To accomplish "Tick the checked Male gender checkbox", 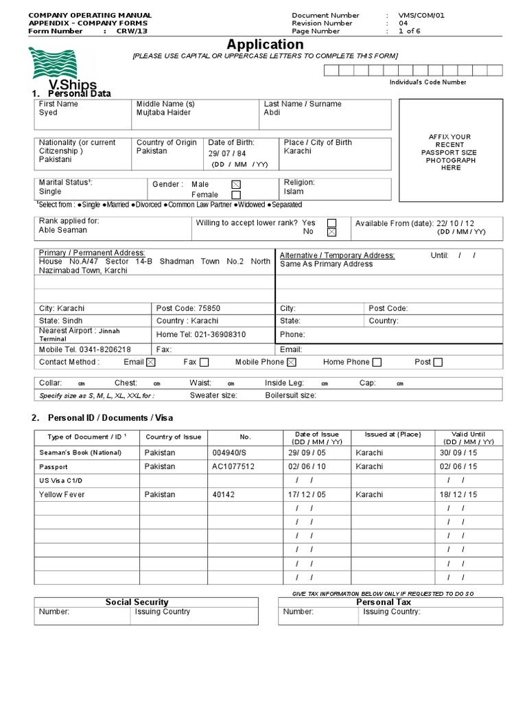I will tap(236, 185).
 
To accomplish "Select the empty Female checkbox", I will tap(236, 195).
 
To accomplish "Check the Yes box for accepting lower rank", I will tap(332, 223).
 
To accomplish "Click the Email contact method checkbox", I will tap(151, 362).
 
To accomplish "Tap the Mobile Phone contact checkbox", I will tap(291, 362).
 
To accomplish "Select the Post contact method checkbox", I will tap(438, 362).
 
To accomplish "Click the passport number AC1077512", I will tap(233, 466).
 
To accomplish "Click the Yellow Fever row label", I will tap(60, 494).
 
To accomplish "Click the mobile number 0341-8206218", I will tap(108, 349).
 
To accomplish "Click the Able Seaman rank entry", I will tap(63, 231).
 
